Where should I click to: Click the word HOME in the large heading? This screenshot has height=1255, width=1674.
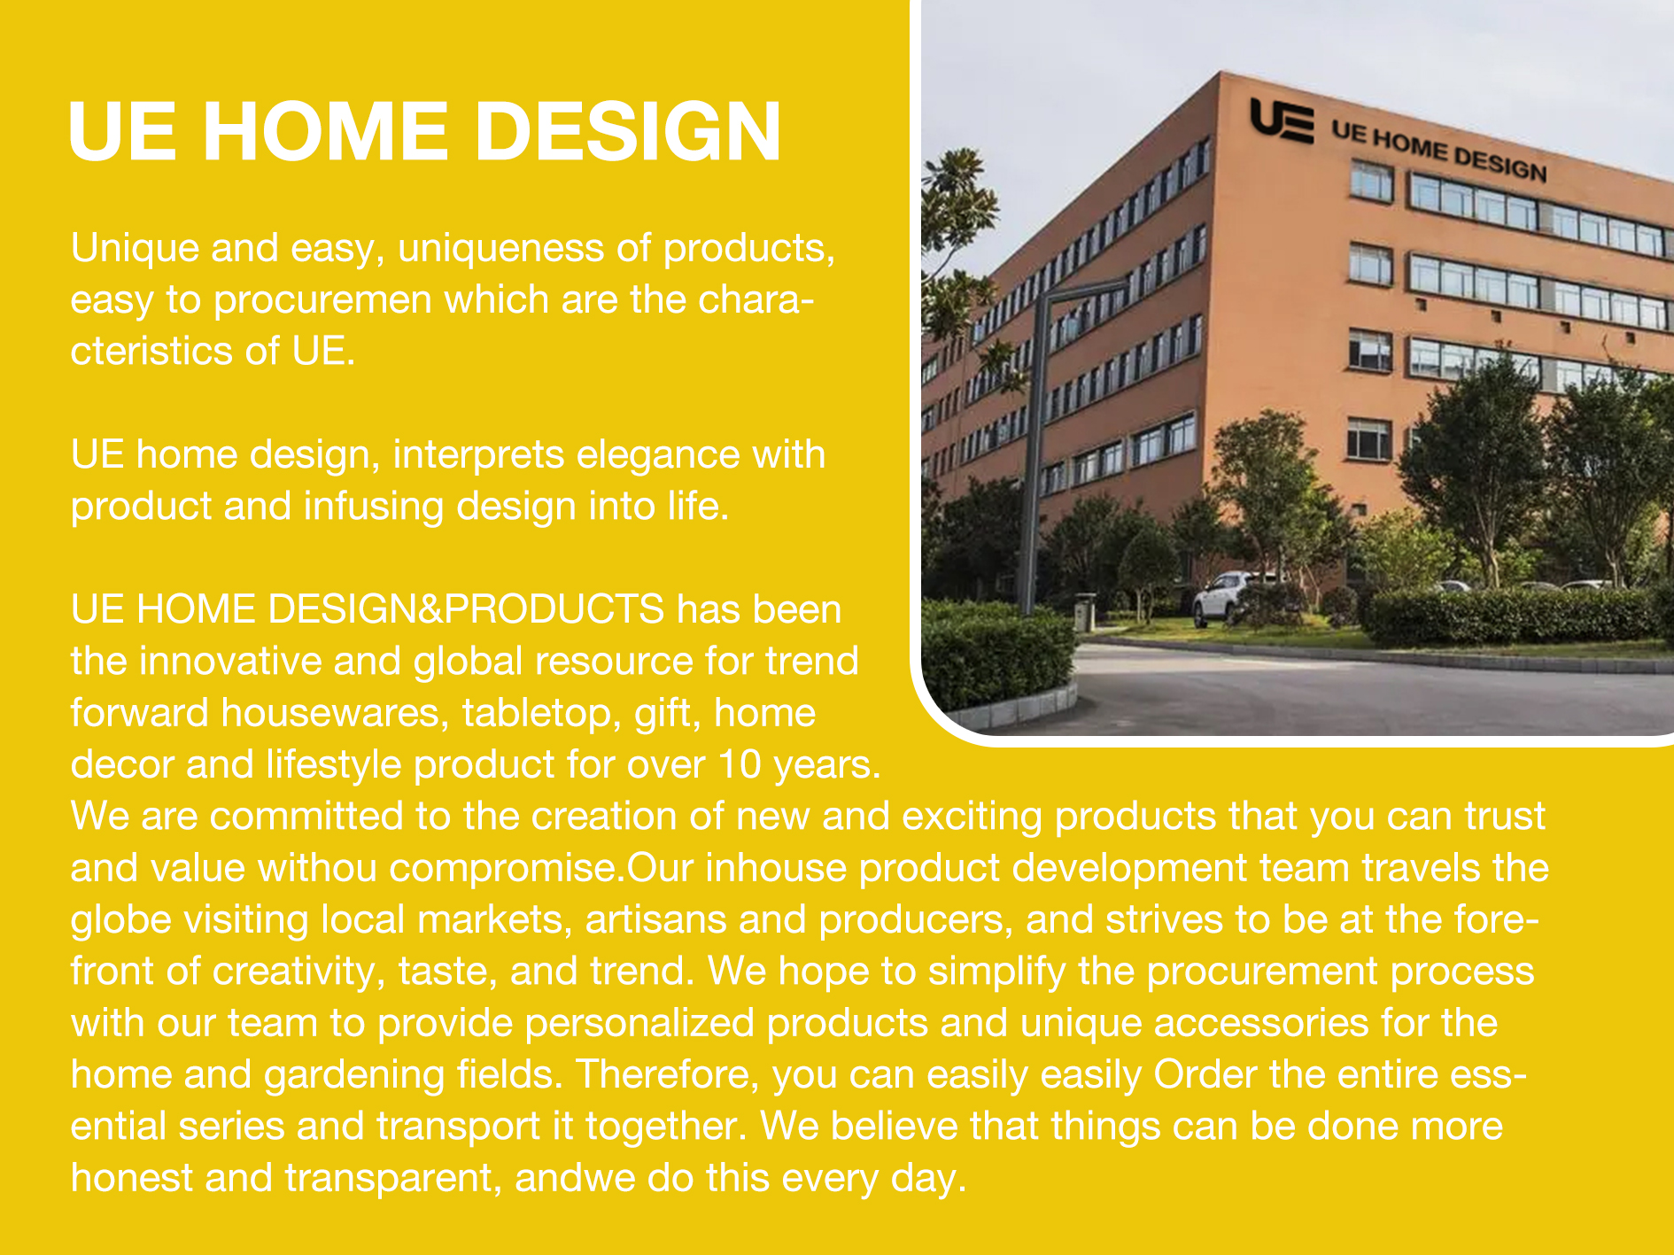pyautogui.click(x=325, y=132)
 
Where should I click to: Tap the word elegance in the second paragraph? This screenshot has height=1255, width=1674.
pyautogui.click(x=658, y=455)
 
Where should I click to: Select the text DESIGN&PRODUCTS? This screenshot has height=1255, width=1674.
pyautogui.click(x=466, y=609)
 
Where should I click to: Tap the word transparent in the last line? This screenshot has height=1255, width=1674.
pyautogui.click(x=393, y=1178)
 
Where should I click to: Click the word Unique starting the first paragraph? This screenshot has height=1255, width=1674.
pyautogui.click(x=135, y=249)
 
